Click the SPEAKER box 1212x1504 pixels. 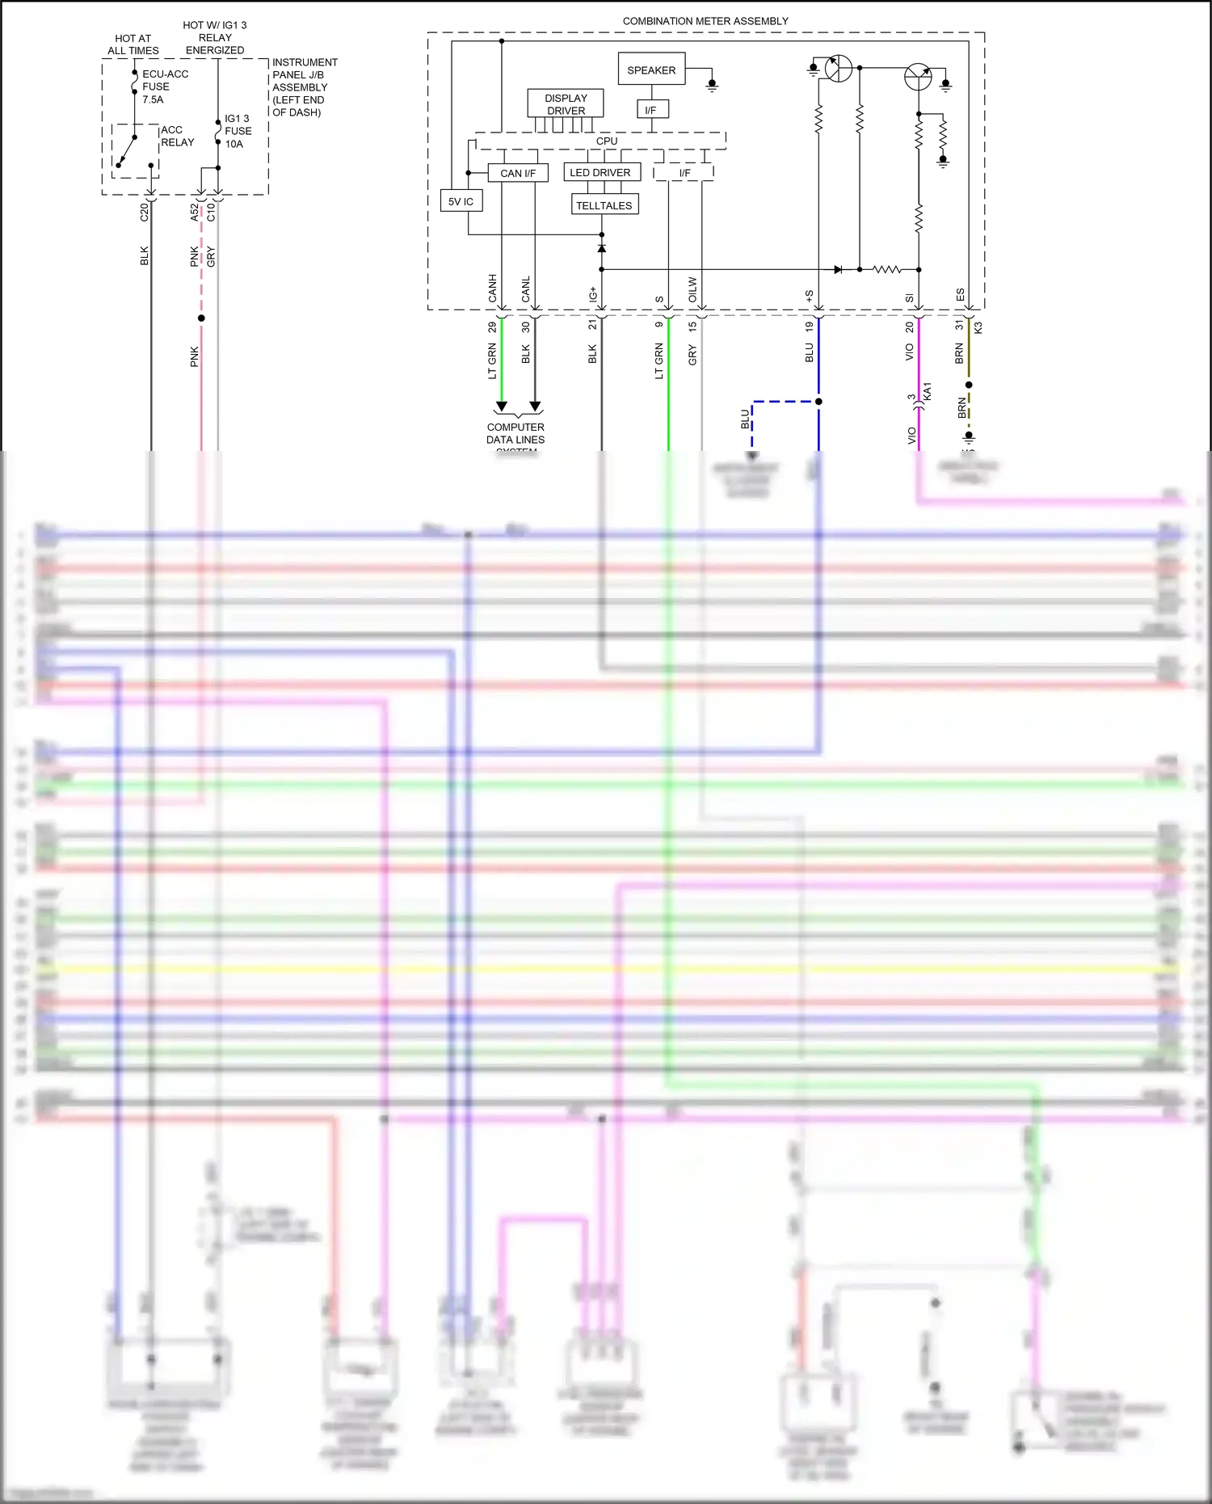pos(651,70)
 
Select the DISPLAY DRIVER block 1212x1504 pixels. pos(566,104)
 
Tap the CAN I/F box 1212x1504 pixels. pos(518,173)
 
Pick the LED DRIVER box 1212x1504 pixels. pos(601,172)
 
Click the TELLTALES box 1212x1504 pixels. pos(604,205)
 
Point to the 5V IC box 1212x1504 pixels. pos(461,201)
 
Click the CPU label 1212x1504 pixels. pos(607,141)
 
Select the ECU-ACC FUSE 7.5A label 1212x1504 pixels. pos(165,86)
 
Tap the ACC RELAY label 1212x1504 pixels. pos(177,136)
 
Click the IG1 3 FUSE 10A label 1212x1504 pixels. pos(238,131)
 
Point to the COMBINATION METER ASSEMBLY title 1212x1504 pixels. pos(705,21)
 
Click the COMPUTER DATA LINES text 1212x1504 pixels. pos(516,434)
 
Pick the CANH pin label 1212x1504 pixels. pos(493,289)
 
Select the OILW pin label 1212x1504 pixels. pos(692,289)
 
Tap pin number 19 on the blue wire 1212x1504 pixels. pos(809,326)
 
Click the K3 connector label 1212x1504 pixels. pos(978,327)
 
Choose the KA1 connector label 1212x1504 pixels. pos(928,391)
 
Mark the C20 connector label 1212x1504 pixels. pos(145,212)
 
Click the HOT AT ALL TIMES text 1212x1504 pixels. pos(133,44)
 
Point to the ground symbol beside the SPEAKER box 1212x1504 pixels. pos(712,84)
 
